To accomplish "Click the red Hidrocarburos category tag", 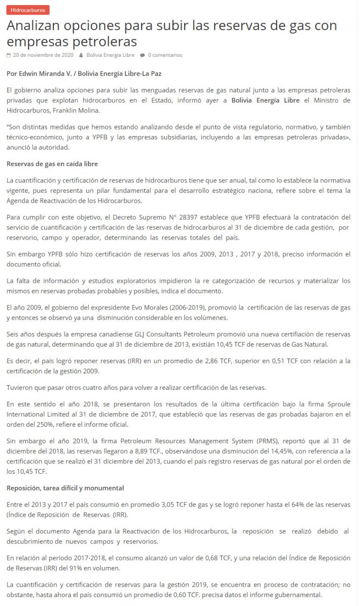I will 28,10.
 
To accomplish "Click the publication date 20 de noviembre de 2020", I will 43,55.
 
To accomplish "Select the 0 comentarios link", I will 165,55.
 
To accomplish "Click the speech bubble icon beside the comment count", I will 142,55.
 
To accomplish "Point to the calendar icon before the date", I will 8,55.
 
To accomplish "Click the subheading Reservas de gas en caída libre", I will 52,164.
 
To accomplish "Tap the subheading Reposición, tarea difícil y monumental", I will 65,488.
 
